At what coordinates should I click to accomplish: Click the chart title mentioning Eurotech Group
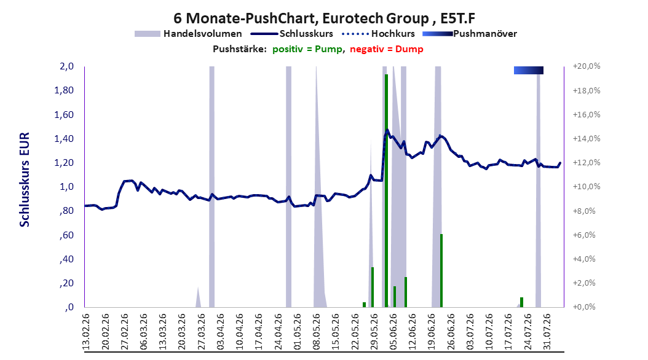point(324,18)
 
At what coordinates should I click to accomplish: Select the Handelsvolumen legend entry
point(188,34)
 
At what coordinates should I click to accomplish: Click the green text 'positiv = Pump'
point(307,49)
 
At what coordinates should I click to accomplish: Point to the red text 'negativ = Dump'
point(387,49)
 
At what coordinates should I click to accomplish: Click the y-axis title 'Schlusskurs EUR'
point(25,179)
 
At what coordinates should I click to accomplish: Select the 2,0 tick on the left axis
point(66,66)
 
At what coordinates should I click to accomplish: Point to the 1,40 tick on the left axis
point(64,138)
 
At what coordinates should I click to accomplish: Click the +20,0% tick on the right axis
point(587,66)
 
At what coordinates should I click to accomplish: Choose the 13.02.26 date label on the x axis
point(86,332)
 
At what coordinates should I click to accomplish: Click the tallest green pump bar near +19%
point(386,190)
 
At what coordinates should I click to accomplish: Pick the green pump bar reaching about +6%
point(441,270)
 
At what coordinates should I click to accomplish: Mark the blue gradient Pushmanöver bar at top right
point(529,70)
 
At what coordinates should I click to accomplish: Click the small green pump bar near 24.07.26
point(521,302)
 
